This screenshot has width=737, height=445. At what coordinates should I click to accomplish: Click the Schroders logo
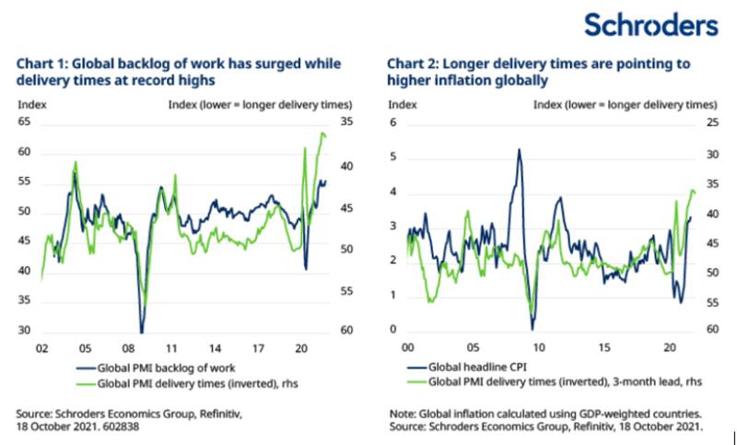(x=650, y=24)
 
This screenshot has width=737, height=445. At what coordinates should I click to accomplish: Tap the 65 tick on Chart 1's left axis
(x=25, y=122)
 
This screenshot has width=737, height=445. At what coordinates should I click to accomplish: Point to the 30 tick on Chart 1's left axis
(x=25, y=332)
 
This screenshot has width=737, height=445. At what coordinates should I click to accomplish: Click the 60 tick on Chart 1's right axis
(x=346, y=332)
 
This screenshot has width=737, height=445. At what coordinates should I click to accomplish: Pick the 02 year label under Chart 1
(x=42, y=350)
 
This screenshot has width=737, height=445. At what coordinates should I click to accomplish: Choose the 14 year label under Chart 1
(x=215, y=350)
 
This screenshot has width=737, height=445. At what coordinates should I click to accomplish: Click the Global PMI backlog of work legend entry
(x=158, y=366)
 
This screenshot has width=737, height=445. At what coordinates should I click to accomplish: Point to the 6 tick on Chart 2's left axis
(x=392, y=122)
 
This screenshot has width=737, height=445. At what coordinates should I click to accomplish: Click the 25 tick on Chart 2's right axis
(x=711, y=122)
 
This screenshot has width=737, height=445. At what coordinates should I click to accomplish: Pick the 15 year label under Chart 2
(x=604, y=350)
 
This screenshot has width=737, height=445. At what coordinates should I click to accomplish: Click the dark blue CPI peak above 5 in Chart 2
(x=520, y=150)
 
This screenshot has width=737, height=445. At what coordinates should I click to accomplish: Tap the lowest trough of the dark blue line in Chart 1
(x=141, y=332)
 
